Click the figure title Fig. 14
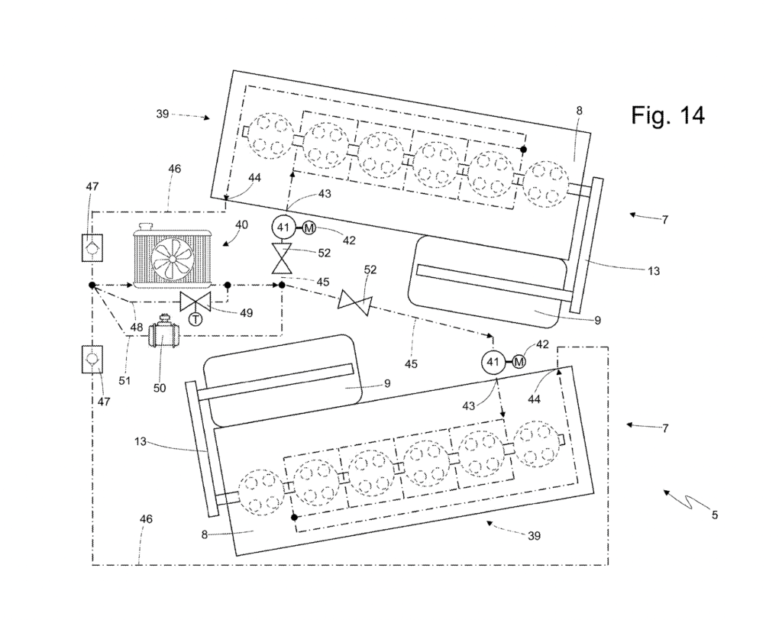pos(667,115)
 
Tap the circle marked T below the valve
pos(195,318)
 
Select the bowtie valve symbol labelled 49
pos(195,301)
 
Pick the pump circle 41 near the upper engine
pos(283,228)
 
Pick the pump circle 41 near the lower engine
pos(493,362)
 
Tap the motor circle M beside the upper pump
pos(309,228)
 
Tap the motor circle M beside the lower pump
pos(519,362)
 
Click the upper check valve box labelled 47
pos(92,247)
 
